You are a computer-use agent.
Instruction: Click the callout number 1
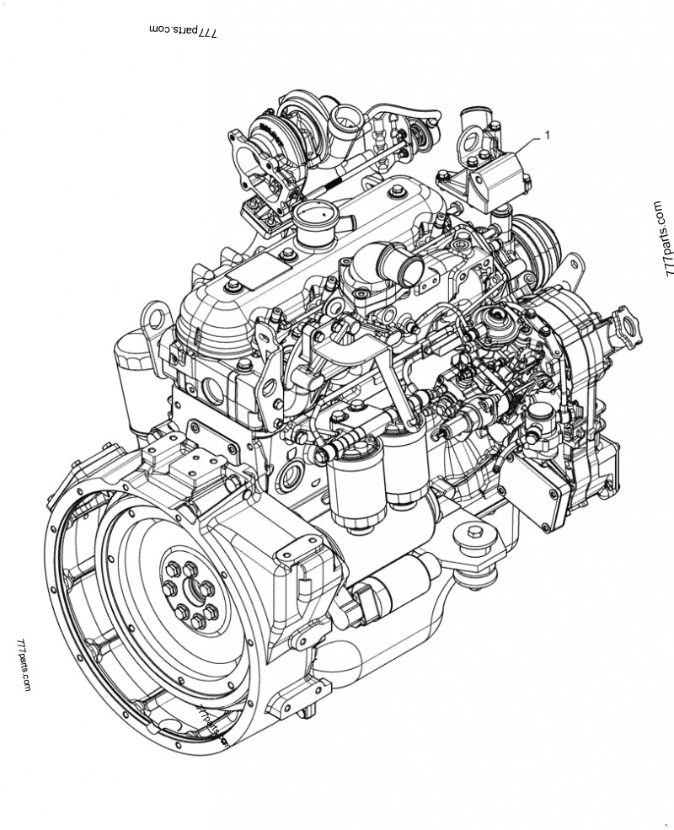548,133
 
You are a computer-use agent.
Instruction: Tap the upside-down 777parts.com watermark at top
183,31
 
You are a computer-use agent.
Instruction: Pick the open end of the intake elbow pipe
410,270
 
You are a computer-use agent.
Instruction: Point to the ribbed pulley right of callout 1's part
538,241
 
